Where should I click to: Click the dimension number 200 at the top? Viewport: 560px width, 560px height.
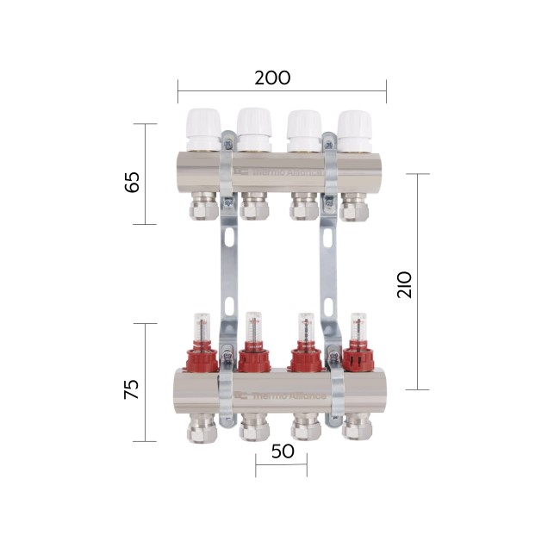(x=272, y=78)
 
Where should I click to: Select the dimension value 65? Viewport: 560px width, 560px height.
(x=133, y=183)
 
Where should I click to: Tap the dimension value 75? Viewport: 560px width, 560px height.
(x=131, y=389)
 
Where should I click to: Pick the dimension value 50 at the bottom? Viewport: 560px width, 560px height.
(x=282, y=451)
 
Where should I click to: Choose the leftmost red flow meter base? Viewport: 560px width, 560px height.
(x=202, y=355)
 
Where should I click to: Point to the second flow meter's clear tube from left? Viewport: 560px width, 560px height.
(x=252, y=328)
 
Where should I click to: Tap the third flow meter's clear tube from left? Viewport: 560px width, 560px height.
(x=303, y=328)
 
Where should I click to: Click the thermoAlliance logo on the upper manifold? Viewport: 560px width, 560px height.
(x=280, y=171)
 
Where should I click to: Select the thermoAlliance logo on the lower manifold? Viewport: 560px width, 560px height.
(x=280, y=395)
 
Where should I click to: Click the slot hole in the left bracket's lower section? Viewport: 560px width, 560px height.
(x=230, y=306)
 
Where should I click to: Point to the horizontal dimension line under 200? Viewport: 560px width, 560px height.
(x=282, y=90)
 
